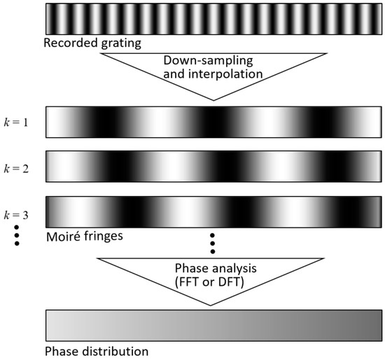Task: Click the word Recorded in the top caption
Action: point(70,43)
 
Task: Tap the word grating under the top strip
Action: point(121,43)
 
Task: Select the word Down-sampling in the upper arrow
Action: point(208,60)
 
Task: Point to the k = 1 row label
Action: point(16,122)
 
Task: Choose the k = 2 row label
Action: point(16,169)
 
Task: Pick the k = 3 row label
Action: point(16,215)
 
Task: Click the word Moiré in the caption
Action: point(63,237)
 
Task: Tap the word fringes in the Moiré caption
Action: point(104,237)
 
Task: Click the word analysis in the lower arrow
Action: point(234,269)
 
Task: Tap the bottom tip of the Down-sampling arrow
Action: point(213,100)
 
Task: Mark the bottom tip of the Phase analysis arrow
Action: point(211,305)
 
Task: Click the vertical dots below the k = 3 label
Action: point(17,235)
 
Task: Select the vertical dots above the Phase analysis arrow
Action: point(213,243)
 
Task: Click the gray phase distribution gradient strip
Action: point(213,326)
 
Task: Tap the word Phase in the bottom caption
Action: point(62,352)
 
